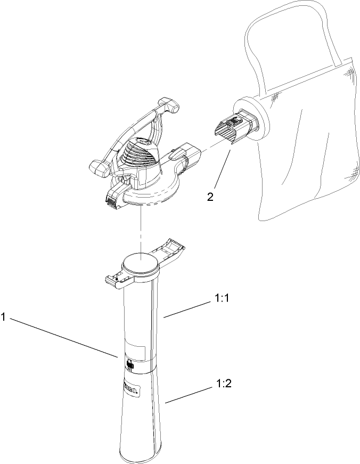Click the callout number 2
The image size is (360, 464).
(x=211, y=196)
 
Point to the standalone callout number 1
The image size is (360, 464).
(x=4, y=317)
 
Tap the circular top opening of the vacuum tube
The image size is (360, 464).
(x=140, y=264)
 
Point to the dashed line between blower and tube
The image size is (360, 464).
(x=140, y=229)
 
